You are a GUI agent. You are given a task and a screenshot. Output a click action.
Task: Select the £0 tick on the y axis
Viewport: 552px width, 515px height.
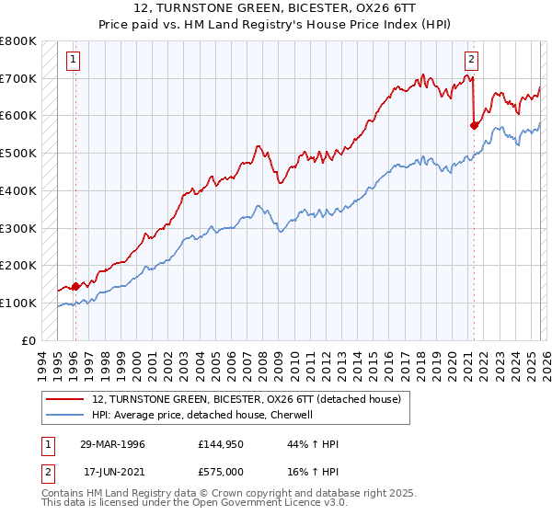pos(29,340)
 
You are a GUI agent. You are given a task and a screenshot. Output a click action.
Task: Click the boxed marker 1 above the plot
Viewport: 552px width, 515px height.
pos(74,61)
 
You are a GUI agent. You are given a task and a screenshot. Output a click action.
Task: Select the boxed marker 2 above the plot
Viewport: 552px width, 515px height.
pos(471,61)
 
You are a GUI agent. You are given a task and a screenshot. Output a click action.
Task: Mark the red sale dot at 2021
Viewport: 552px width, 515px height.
pos(474,124)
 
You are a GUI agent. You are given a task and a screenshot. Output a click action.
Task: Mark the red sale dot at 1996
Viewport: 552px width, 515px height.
pos(75,286)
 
